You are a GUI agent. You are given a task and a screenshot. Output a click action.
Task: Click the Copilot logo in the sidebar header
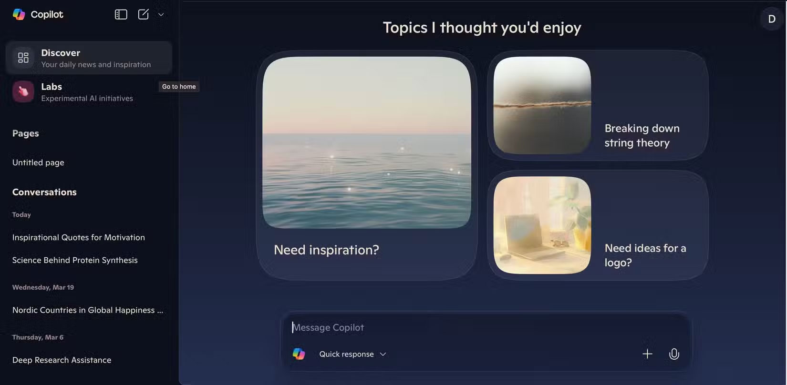[19, 14]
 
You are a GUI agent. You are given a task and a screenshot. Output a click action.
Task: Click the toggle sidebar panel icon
[121, 14]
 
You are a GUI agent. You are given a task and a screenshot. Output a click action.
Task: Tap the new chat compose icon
[144, 14]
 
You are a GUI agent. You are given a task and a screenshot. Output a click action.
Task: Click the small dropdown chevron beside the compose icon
[161, 14]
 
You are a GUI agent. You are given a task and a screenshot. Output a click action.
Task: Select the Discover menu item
[89, 58]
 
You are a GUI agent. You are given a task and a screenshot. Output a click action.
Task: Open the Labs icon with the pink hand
[23, 91]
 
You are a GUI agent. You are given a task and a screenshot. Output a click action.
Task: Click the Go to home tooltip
[179, 86]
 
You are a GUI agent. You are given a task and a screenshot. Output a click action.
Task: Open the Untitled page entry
[38, 162]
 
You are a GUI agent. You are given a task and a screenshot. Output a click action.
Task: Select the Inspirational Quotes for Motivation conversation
[79, 237]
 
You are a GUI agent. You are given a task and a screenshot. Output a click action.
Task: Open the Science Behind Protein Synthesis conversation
[75, 260]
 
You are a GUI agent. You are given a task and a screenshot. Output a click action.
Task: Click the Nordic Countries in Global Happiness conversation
[88, 310]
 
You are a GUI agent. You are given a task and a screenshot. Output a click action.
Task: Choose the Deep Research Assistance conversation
[62, 360]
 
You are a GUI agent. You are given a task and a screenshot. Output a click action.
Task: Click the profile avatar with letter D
[771, 19]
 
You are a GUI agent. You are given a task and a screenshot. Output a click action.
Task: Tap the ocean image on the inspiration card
[366, 142]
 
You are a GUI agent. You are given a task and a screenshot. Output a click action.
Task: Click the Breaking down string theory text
[642, 135]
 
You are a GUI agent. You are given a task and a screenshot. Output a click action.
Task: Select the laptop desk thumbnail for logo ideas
[542, 225]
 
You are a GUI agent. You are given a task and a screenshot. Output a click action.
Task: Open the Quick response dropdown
[352, 354]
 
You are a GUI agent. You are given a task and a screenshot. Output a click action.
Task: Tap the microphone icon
[674, 354]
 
